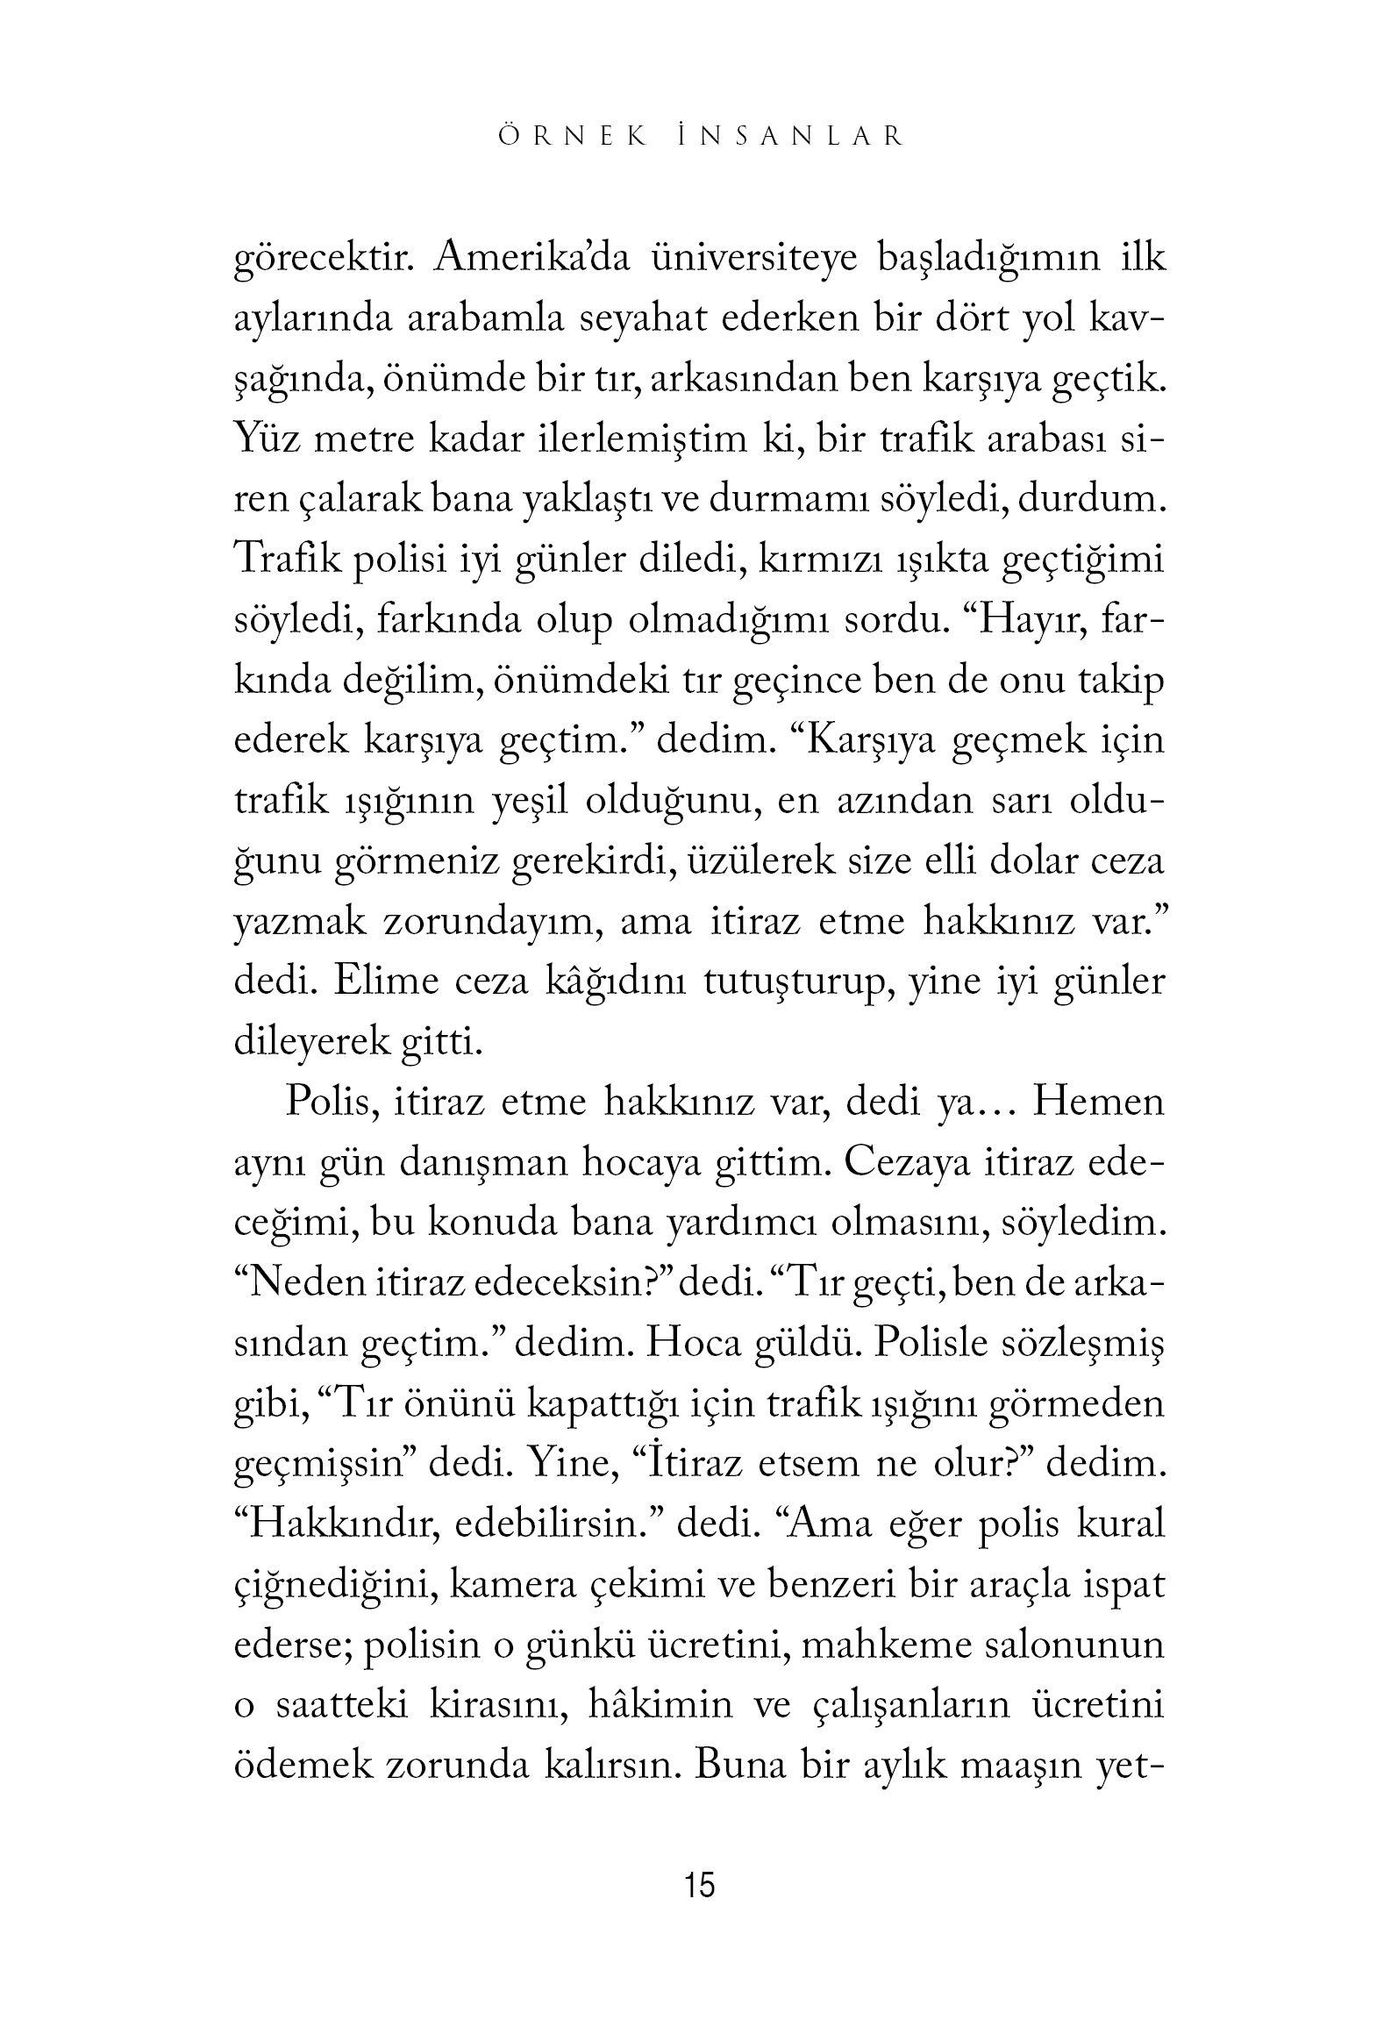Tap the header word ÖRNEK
(x=574, y=137)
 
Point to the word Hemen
(x=1098, y=1102)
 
